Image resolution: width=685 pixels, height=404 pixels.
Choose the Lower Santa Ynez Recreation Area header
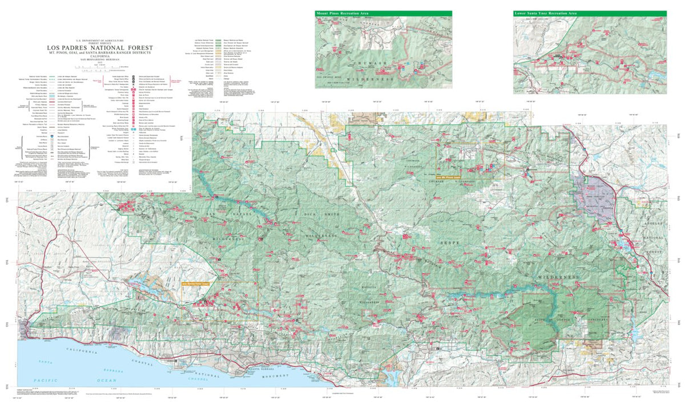click(x=590, y=13)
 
